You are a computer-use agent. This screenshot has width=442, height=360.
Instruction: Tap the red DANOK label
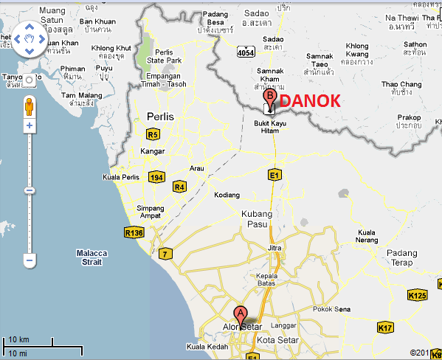pos(311,101)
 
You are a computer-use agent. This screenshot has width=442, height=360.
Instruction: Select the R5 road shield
pos(153,134)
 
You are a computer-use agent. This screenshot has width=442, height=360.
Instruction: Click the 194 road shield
pos(156,178)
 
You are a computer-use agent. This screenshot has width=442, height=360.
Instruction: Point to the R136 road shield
pos(133,232)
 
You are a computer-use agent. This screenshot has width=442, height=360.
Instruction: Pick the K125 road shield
pos(417,296)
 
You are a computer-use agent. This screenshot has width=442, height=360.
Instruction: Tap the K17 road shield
pos(385,328)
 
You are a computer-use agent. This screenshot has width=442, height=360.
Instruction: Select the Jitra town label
pos(274,249)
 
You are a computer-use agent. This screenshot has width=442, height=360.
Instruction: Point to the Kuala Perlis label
pos(120,178)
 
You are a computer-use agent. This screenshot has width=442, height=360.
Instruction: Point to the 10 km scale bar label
pos(18,339)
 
